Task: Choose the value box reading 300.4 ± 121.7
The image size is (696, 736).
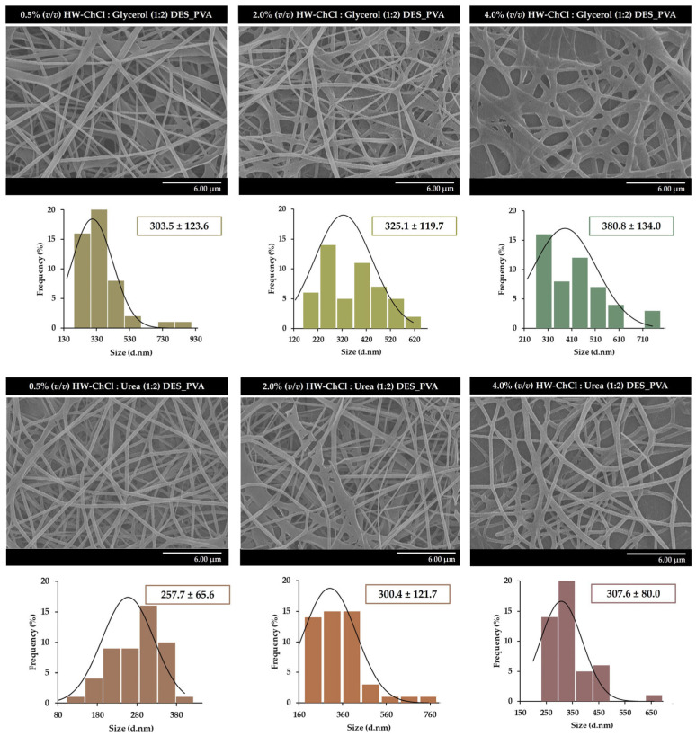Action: (x=407, y=594)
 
